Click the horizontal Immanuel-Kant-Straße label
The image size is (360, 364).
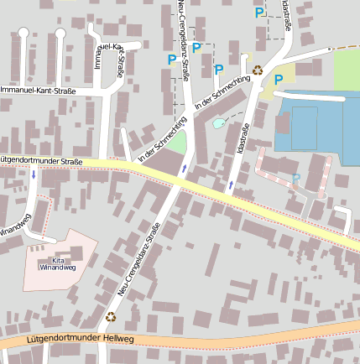point(38,89)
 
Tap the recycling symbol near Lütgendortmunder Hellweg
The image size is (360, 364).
point(111,316)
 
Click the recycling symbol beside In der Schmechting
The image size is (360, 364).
point(258,70)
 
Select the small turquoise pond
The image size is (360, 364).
point(218,123)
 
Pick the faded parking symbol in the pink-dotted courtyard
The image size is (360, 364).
point(295,179)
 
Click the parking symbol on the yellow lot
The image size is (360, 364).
point(279,80)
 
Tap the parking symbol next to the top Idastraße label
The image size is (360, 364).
point(259,13)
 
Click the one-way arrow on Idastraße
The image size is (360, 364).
point(231,183)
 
